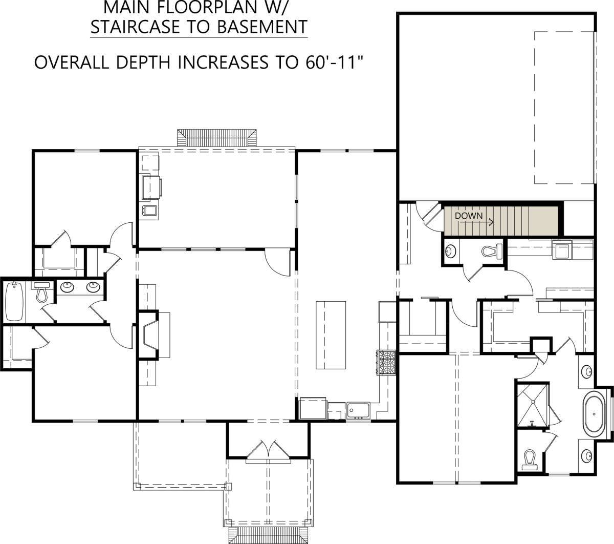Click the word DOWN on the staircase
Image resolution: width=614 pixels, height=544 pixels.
[x=469, y=216]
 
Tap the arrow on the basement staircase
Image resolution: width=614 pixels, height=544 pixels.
[x=476, y=222]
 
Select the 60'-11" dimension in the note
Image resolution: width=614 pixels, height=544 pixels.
[x=334, y=62]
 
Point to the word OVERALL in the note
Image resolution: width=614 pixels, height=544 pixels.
[x=72, y=63]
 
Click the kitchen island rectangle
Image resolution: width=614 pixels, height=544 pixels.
[x=331, y=335]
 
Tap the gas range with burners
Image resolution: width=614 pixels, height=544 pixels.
[x=386, y=362]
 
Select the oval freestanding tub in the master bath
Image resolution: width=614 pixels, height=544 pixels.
[x=594, y=414]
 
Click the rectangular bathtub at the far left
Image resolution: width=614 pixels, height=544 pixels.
[x=14, y=301]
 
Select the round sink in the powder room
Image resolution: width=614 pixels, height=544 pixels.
[x=451, y=251]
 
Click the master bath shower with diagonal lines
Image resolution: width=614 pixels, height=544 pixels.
[x=533, y=405]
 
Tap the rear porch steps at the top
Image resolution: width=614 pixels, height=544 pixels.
[x=216, y=138]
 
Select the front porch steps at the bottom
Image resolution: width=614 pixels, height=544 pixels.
[x=269, y=535]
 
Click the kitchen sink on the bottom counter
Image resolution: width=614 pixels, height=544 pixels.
[x=358, y=410]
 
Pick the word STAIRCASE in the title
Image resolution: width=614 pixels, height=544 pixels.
[x=135, y=27]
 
